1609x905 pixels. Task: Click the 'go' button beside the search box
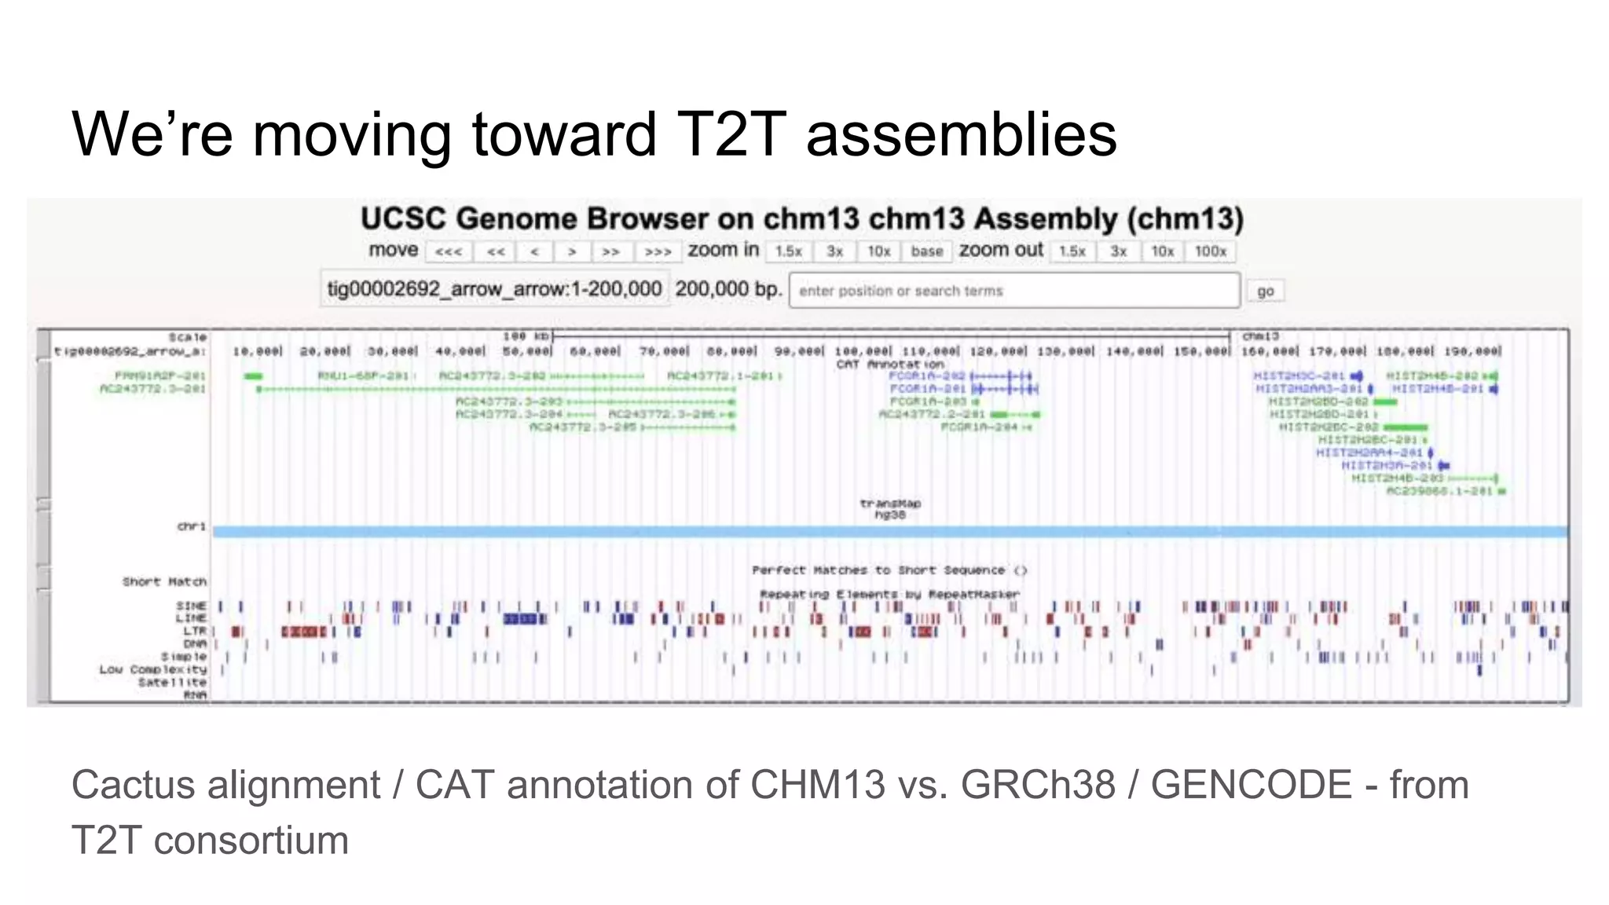pos(1265,291)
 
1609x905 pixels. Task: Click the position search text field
pos(1013,291)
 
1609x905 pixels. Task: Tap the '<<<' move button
pos(449,251)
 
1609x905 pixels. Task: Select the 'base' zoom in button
pos(926,251)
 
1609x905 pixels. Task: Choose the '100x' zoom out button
pos(1210,251)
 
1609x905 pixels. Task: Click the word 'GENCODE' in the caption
pos(1252,785)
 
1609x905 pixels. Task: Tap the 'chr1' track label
pos(191,526)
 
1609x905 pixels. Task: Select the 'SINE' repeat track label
pos(191,606)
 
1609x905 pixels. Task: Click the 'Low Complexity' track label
pos(153,669)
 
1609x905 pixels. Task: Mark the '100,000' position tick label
pos(862,351)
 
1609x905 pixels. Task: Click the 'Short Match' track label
pos(164,581)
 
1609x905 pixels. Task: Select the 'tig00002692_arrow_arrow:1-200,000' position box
pos(494,289)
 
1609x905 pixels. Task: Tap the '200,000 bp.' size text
pos(728,289)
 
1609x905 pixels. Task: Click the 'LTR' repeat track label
pos(194,631)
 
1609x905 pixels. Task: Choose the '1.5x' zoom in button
pos(788,251)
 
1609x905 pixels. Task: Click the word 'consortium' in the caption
pos(251,840)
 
